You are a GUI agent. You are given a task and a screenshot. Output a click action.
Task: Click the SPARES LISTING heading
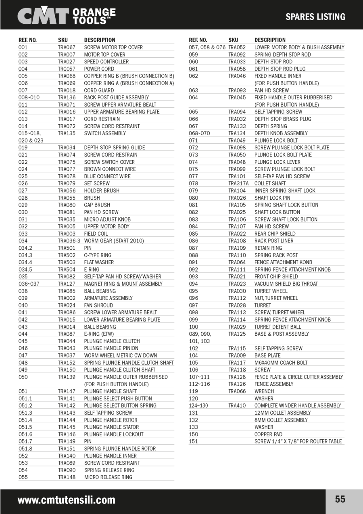click(x=315, y=17)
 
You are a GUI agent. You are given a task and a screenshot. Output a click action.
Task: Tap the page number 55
click(x=340, y=499)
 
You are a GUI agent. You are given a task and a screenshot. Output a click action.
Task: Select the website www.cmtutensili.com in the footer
click(x=66, y=500)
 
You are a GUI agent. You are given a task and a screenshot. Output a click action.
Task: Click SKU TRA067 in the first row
click(x=67, y=47)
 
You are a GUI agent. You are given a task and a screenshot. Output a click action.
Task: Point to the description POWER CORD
click(x=99, y=69)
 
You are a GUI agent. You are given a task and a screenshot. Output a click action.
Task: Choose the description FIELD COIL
click(x=96, y=234)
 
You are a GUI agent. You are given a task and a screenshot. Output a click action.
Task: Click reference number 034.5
click(x=25, y=270)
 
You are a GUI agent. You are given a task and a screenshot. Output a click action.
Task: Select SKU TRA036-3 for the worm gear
click(x=69, y=241)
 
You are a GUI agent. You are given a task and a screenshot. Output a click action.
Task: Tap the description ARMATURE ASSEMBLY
click(x=108, y=298)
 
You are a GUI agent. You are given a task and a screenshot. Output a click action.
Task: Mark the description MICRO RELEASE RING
click(x=108, y=477)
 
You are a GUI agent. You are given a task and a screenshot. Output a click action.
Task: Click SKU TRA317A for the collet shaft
click(x=238, y=184)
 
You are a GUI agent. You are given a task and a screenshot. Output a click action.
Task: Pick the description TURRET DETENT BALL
click(x=277, y=327)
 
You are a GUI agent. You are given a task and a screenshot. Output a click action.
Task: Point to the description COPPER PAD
click(x=268, y=435)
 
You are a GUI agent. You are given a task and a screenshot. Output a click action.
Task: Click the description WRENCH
click(x=264, y=391)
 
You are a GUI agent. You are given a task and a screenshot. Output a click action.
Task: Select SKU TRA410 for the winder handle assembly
click(x=237, y=405)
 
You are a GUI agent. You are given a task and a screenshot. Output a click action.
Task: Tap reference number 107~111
click(x=199, y=377)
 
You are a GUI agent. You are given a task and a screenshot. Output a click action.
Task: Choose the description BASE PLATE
click(x=267, y=355)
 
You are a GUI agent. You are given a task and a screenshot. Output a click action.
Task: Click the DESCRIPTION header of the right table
click(x=270, y=40)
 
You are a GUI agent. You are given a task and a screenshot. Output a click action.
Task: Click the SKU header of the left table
click(x=63, y=40)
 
